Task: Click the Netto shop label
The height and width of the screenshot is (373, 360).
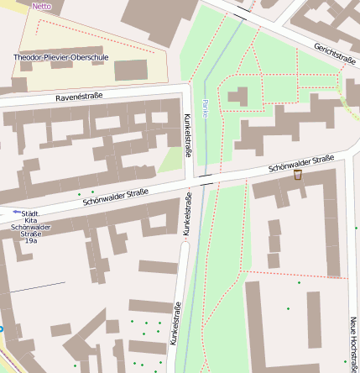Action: pyautogui.click(x=41, y=5)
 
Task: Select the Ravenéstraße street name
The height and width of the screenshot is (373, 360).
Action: pyautogui.click(x=79, y=97)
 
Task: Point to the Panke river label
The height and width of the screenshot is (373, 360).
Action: pyautogui.click(x=205, y=108)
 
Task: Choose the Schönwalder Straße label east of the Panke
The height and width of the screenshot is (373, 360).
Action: pyautogui.click(x=301, y=164)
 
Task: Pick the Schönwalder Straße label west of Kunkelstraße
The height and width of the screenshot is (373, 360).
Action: pyautogui.click(x=115, y=197)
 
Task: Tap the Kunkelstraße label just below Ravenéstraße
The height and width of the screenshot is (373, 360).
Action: pyautogui.click(x=186, y=135)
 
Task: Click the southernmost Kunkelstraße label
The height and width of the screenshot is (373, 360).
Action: pyautogui.click(x=175, y=323)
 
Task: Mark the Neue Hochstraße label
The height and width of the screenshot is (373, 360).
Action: pyautogui.click(x=353, y=340)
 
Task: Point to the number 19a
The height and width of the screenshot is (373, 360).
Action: pyautogui.click(x=31, y=241)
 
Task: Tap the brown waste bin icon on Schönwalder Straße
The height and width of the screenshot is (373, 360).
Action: pyautogui.click(x=297, y=175)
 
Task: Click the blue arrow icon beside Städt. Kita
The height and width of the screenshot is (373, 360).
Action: pyautogui.click(x=17, y=212)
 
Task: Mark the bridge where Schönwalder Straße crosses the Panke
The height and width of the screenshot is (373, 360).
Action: pyautogui.click(x=206, y=178)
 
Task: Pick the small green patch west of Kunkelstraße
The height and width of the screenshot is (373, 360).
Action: pyautogui.click(x=171, y=160)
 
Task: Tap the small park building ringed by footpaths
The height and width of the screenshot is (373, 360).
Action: pyautogui.click(x=237, y=97)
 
